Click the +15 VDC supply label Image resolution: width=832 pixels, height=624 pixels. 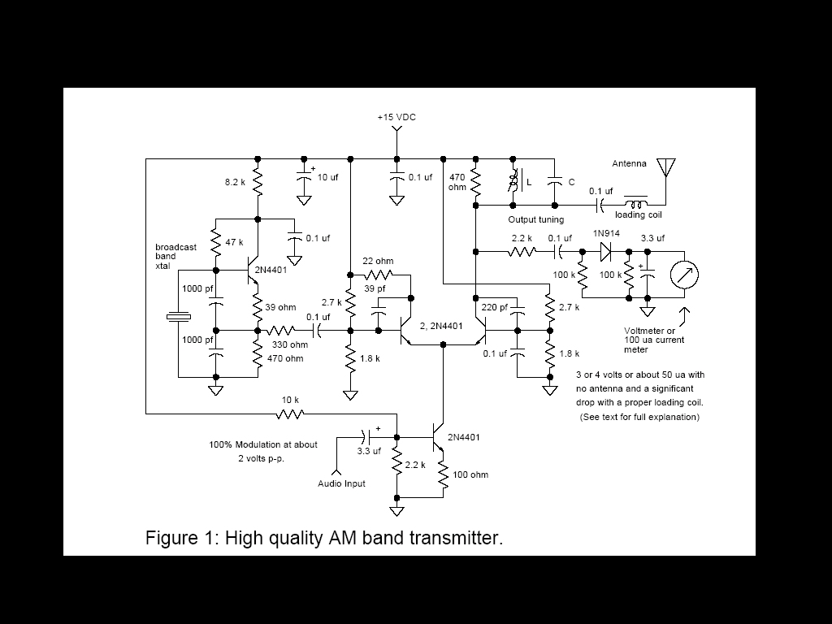(396, 117)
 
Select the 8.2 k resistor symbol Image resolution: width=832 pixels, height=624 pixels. (258, 182)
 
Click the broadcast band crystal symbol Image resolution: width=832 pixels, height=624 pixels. (178, 317)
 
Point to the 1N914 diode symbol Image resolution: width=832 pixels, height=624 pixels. (606, 252)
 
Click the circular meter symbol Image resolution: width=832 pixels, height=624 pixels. (684, 275)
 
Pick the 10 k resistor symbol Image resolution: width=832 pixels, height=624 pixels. (290, 414)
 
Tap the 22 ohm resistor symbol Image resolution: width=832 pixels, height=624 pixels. (379, 275)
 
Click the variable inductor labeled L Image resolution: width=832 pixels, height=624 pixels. (513, 182)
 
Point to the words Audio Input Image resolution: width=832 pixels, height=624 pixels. (341, 483)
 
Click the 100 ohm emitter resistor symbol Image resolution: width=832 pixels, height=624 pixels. (443, 474)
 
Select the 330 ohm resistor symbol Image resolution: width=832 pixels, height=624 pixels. (281, 331)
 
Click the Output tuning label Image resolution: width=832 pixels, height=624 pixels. (536, 219)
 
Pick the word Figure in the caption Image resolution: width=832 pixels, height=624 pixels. (171, 538)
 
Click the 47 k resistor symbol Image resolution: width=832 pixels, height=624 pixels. (216, 242)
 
